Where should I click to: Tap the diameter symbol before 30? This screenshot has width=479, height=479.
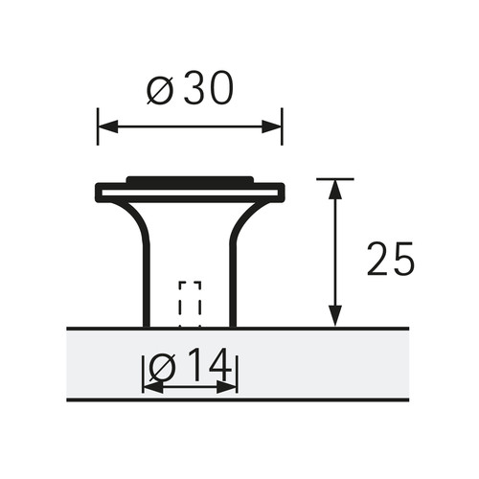(x=160, y=91)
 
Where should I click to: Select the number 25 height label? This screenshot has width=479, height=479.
(x=390, y=259)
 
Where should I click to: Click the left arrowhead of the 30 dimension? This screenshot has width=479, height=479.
(x=108, y=126)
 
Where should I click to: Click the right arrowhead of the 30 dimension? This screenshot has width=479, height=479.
(x=272, y=126)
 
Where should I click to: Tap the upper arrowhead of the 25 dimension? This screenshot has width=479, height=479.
(x=335, y=190)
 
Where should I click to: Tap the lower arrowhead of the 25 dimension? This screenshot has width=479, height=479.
(x=335, y=316)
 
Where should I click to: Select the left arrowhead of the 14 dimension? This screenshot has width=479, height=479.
(x=153, y=387)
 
